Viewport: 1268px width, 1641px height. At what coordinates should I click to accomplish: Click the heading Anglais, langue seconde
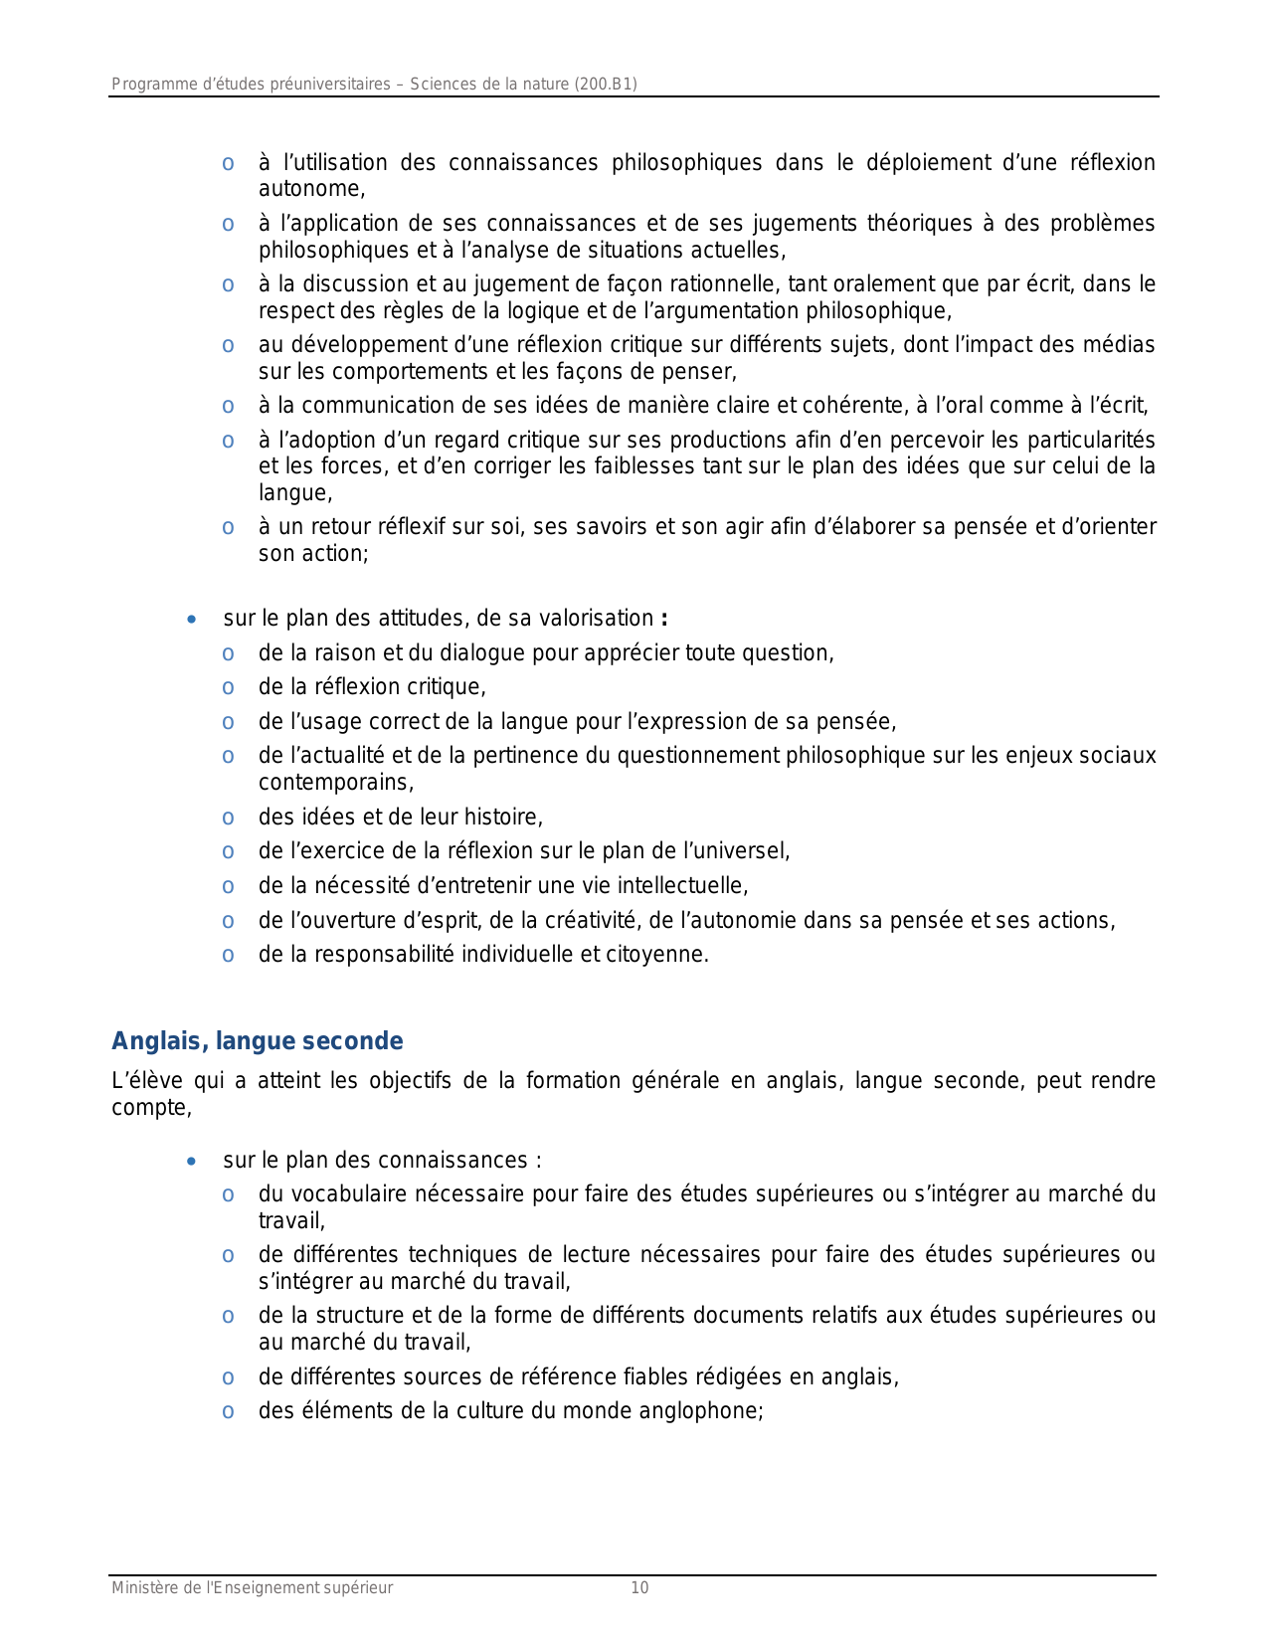(257, 1041)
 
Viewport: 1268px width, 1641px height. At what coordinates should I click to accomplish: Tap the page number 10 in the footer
(639, 1588)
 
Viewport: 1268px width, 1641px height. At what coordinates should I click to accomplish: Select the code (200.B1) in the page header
(606, 85)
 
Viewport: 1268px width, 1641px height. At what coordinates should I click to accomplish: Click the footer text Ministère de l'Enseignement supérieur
(252, 1588)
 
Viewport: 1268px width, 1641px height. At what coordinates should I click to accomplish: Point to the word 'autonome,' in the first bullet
(311, 189)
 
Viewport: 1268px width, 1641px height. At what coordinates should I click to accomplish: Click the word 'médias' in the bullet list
(1123, 345)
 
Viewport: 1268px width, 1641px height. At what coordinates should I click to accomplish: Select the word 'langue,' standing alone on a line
(295, 493)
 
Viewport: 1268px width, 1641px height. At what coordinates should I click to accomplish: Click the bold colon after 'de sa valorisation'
(663, 619)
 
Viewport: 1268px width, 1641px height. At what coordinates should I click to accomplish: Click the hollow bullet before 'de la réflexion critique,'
(229, 688)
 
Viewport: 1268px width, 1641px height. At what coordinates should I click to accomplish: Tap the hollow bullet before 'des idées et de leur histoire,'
(229, 819)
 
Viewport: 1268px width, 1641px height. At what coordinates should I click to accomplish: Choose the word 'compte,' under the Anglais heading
(151, 1108)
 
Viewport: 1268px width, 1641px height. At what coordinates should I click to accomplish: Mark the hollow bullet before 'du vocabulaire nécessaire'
(229, 1195)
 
